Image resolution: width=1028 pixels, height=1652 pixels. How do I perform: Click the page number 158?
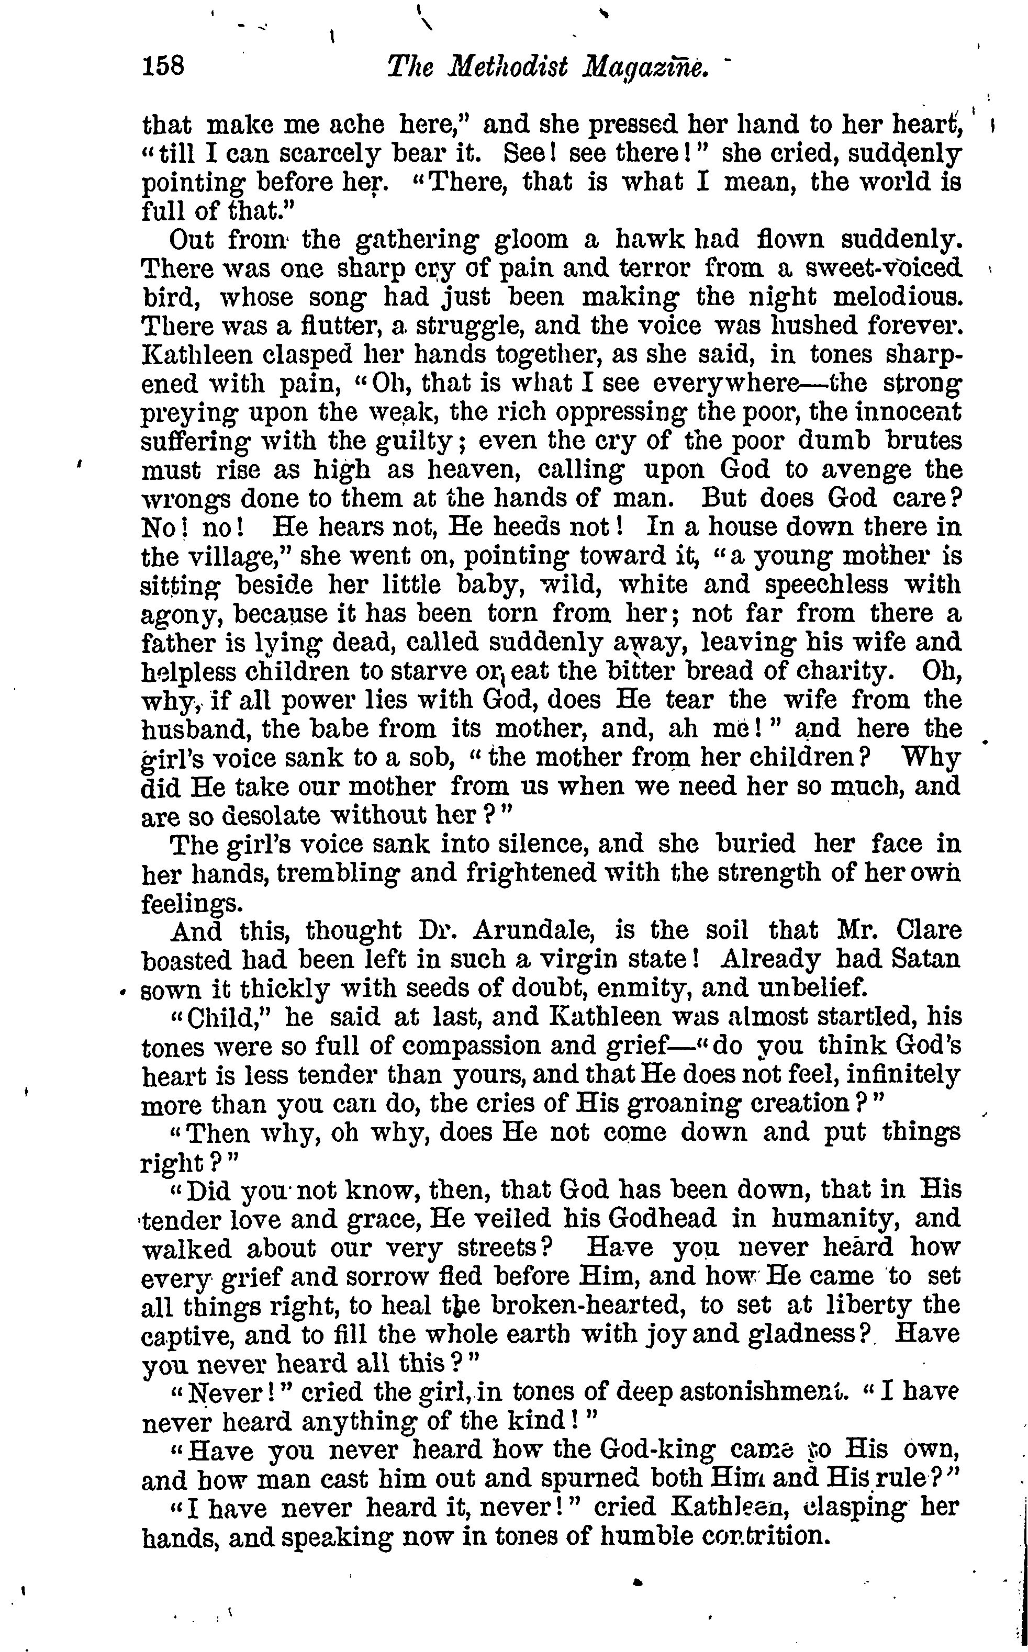[163, 66]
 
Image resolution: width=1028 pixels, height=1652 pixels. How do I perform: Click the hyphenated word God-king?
[657, 1450]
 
